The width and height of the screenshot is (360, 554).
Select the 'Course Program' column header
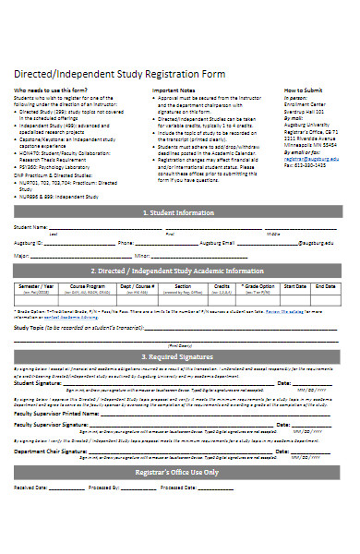pyautogui.click(x=86, y=286)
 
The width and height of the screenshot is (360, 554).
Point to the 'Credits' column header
pyautogui.click(x=222, y=286)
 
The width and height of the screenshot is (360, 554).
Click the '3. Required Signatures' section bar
pyautogui.click(x=180, y=356)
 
